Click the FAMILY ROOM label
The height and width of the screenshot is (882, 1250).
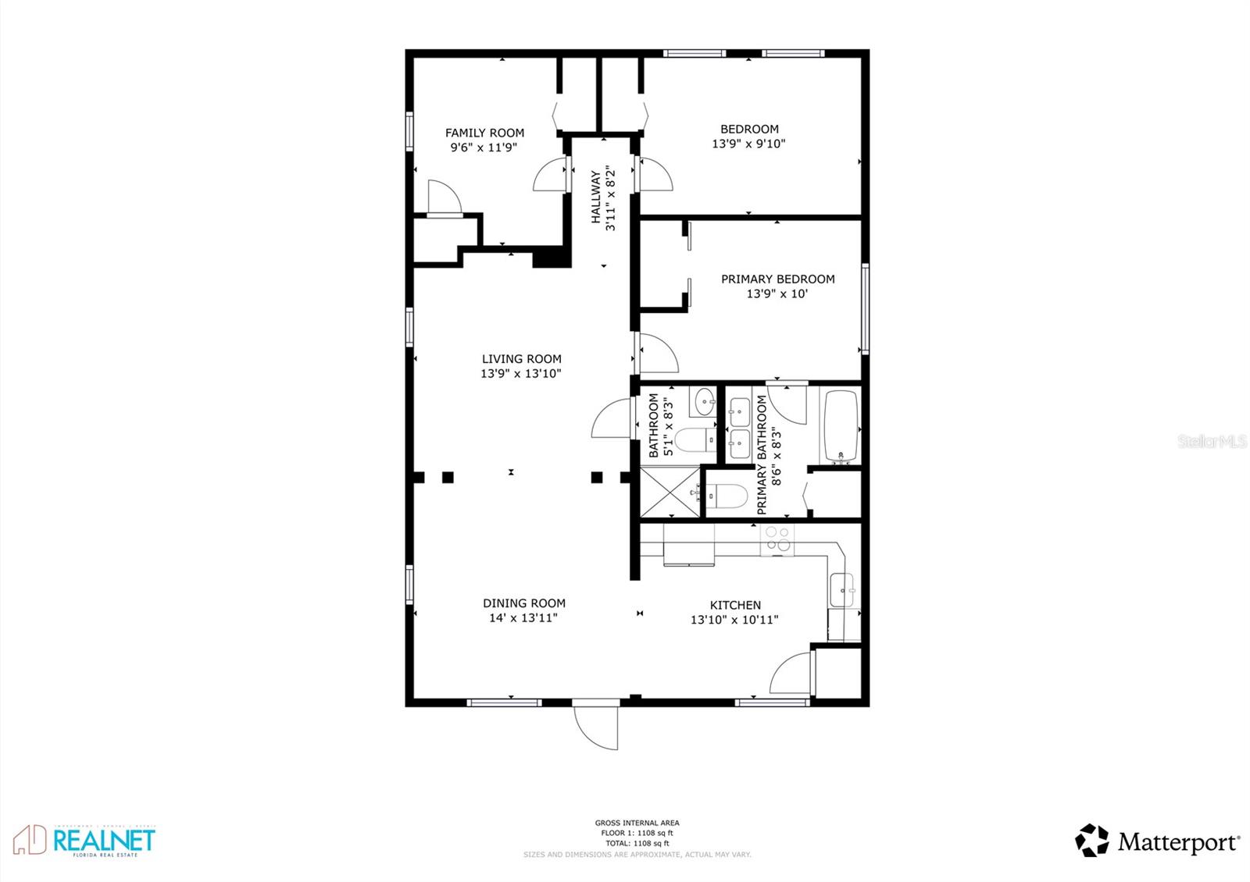pos(484,133)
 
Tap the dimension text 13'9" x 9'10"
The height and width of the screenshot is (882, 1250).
pos(748,144)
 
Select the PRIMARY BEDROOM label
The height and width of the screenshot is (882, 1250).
pos(777,279)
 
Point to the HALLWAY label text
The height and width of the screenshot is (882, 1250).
pos(596,197)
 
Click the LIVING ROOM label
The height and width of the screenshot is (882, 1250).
pos(521,359)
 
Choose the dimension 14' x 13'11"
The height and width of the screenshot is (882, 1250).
pos(523,618)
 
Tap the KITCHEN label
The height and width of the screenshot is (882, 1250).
pos(735,605)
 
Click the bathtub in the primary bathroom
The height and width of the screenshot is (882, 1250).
pos(841,427)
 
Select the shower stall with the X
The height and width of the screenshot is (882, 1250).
pos(670,492)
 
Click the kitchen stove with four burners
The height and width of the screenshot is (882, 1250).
pos(777,539)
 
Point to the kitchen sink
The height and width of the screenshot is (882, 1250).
pos(841,589)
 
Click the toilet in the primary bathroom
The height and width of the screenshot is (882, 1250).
pos(727,496)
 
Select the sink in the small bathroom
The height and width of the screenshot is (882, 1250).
pos(704,402)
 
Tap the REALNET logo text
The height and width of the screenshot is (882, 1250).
pos(104,841)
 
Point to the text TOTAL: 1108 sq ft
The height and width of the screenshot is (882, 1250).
pos(637,843)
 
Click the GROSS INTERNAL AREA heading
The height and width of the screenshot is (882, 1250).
pos(637,823)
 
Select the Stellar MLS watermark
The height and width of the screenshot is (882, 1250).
pos(1212,442)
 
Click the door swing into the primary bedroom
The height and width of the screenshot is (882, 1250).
pos(656,353)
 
